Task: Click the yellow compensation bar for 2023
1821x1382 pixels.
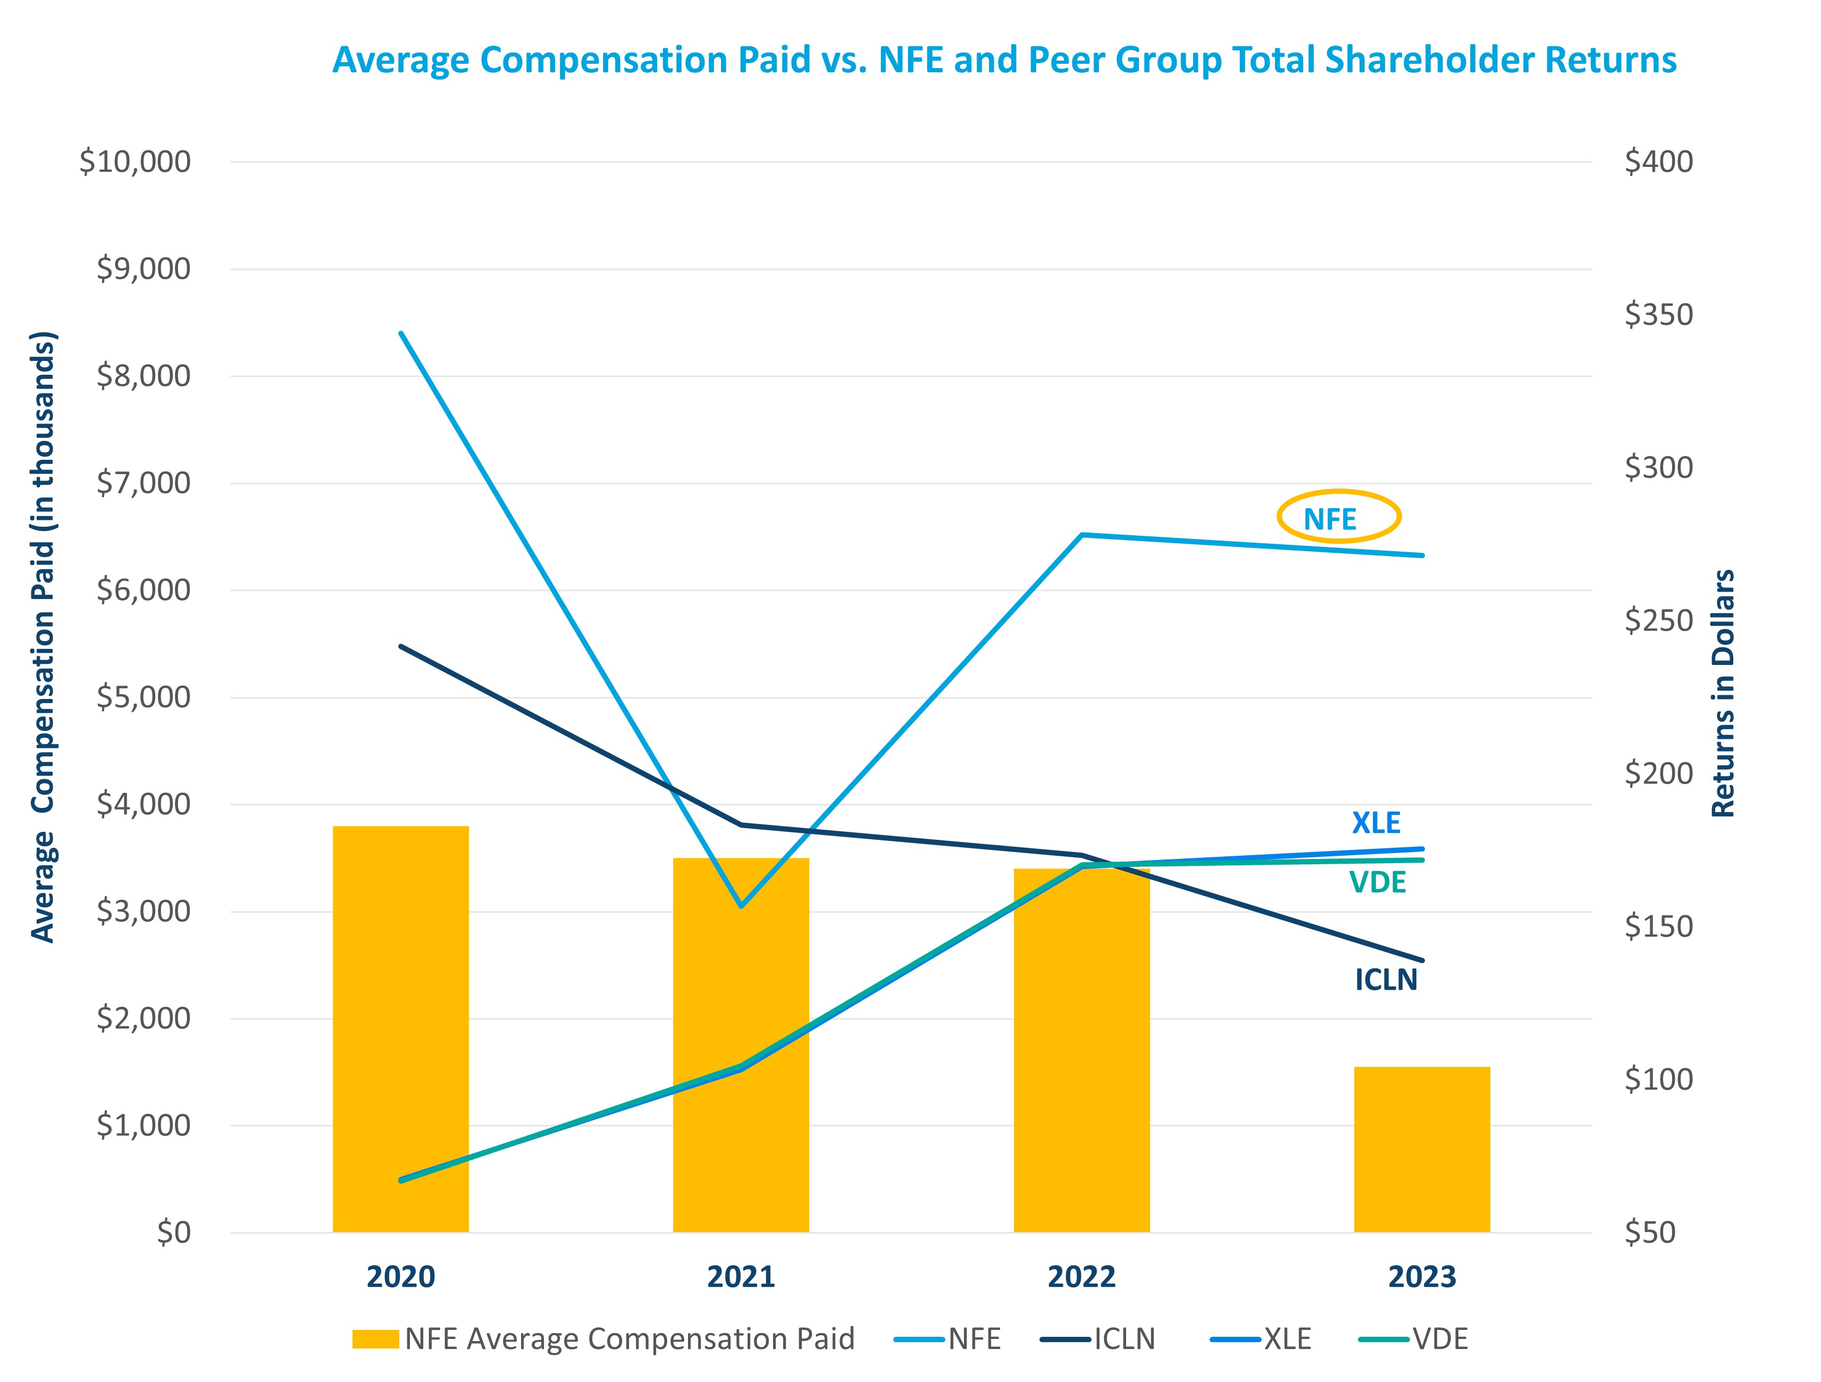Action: [1422, 1149]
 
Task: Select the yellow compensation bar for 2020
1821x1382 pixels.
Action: [400, 1029]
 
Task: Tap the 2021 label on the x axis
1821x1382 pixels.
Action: [741, 1277]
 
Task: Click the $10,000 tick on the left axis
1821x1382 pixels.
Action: [135, 162]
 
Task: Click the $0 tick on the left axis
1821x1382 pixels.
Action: [174, 1232]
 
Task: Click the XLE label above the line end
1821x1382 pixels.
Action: [1375, 822]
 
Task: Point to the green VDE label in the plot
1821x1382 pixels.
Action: [1377, 882]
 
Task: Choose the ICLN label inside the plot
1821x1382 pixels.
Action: [1386, 980]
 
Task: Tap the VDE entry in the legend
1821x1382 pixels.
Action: [1413, 1339]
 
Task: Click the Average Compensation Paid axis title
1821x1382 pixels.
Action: [43, 636]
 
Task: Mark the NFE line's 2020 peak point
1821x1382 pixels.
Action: [401, 333]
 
